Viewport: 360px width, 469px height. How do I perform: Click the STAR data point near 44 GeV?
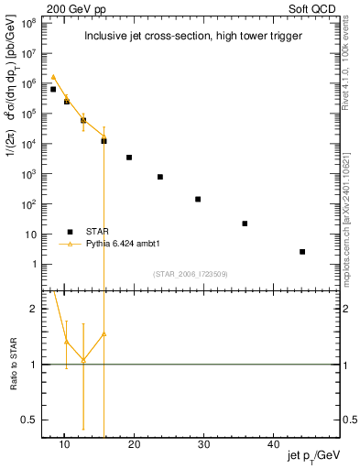click(302, 251)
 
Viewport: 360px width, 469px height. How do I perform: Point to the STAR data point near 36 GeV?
click(245, 224)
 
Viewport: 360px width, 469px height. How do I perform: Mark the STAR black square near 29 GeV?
click(198, 199)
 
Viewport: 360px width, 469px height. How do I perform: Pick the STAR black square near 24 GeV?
click(160, 177)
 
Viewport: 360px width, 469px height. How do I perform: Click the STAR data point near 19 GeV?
click(129, 158)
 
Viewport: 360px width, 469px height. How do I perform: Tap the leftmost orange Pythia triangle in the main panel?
click(53, 77)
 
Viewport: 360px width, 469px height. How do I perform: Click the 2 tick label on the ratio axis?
click(34, 309)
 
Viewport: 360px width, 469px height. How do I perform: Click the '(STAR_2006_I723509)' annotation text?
click(190, 274)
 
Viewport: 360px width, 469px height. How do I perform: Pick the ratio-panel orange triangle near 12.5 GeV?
click(83, 359)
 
